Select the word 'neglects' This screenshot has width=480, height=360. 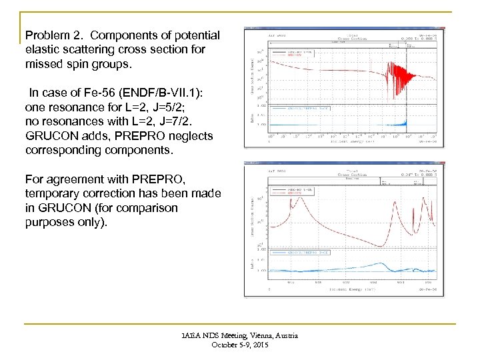point(190,136)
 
